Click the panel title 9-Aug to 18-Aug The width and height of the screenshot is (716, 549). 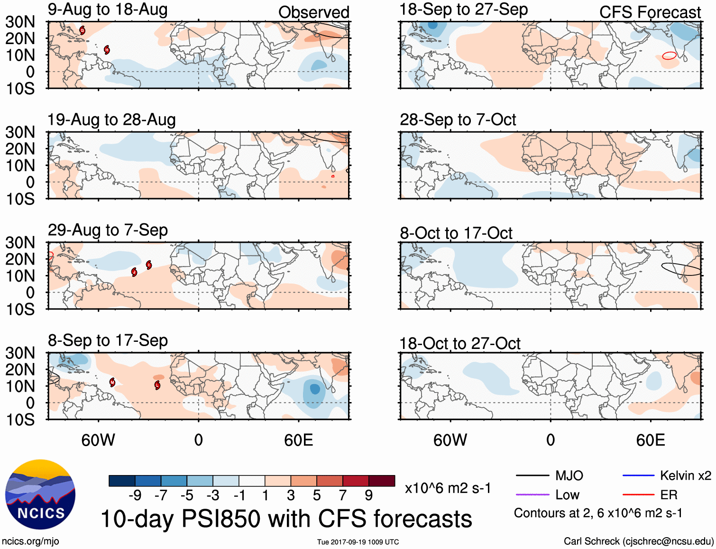click(108, 9)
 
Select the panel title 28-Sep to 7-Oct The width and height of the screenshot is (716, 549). click(458, 119)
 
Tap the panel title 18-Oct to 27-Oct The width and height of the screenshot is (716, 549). click(459, 343)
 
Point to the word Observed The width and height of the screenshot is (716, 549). click(313, 12)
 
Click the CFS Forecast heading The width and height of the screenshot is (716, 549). click(650, 12)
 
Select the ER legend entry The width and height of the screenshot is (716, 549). click(669, 495)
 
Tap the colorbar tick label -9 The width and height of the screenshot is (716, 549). click(135, 495)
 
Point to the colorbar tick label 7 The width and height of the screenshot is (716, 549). click(342, 495)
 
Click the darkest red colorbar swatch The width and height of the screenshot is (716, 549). click(382, 481)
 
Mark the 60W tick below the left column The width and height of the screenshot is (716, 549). click(98, 440)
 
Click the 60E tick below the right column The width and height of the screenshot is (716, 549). click(651, 440)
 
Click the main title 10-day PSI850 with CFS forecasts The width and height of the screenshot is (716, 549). click(286, 519)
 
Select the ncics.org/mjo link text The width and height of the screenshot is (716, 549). click(30, 541)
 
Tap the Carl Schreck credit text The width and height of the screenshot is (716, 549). click(638, 541)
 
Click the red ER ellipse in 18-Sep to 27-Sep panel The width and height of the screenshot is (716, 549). click(669, 55)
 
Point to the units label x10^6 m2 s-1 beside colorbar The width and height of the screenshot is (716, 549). click(448, 488)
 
